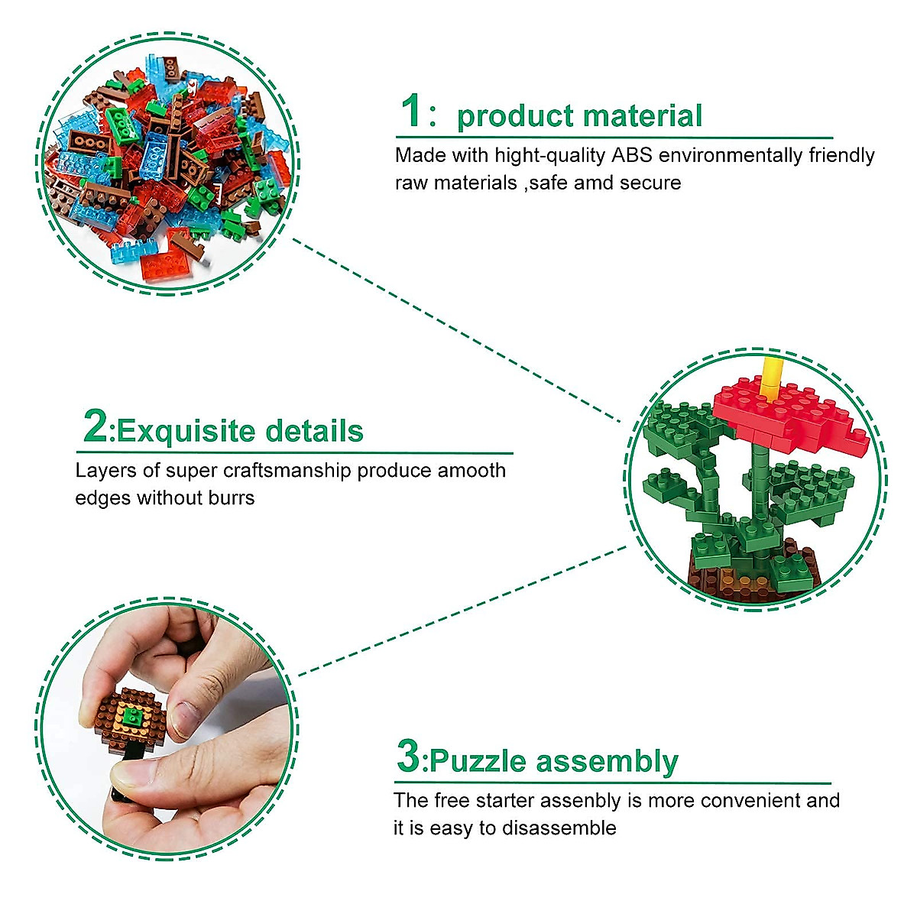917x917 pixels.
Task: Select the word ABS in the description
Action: pyautogui.click(x=631, y=155)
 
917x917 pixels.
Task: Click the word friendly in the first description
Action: pyautogui.click(x=841, y=155)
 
